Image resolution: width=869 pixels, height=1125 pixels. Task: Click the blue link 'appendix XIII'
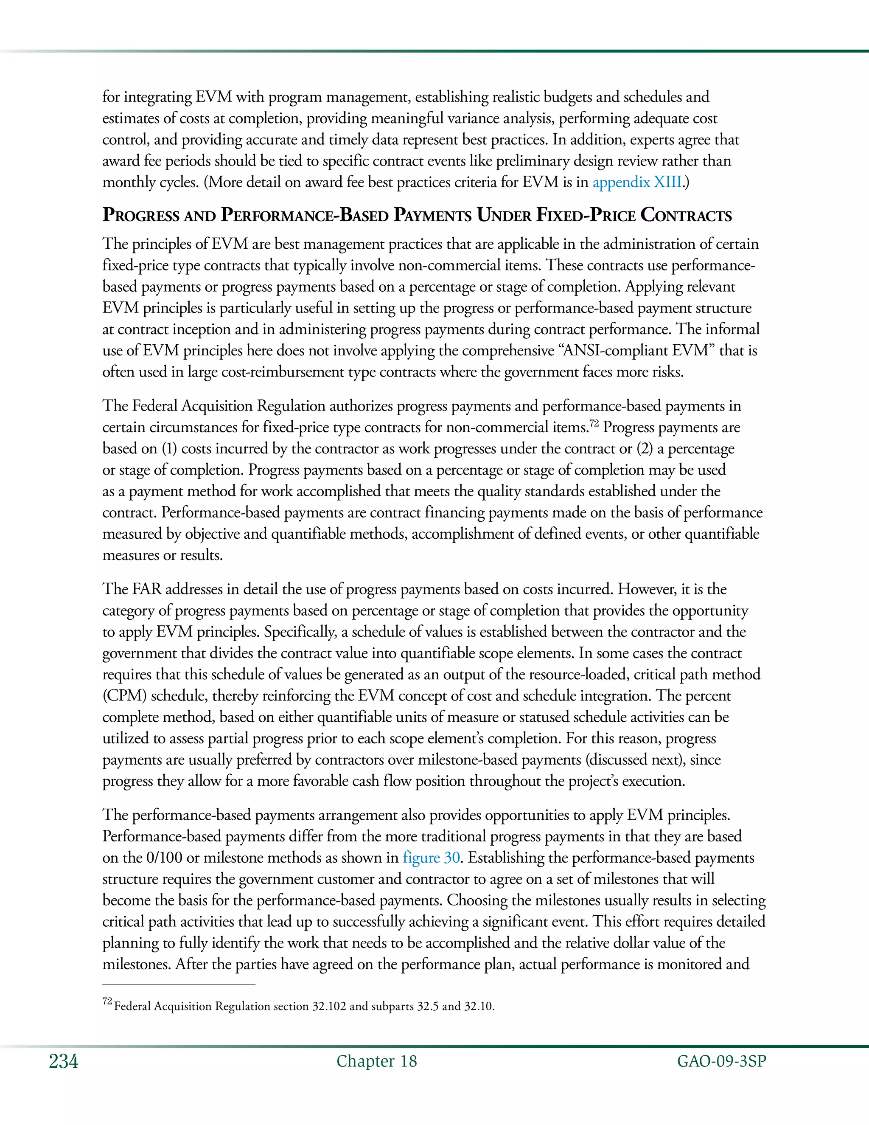[x=637, y=183]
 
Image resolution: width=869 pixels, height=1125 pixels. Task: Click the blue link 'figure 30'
[x=431, y=858]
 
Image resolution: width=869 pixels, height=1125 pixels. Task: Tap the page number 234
[x=63, y=1062]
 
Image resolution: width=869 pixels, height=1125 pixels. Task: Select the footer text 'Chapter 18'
[x=376, y=1061]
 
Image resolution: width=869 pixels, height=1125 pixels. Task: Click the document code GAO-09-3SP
[x=721, y=1061]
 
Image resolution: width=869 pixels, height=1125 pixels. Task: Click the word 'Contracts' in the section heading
[x=686, y=215]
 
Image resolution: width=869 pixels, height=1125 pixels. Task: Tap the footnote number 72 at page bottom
[x=107, y=1001]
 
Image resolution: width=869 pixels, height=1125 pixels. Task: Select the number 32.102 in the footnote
[x=329, y=1006]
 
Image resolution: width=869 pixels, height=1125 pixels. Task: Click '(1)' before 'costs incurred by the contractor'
[x=169, y=449]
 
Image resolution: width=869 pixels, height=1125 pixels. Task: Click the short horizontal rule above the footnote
[x=179, y=984]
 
